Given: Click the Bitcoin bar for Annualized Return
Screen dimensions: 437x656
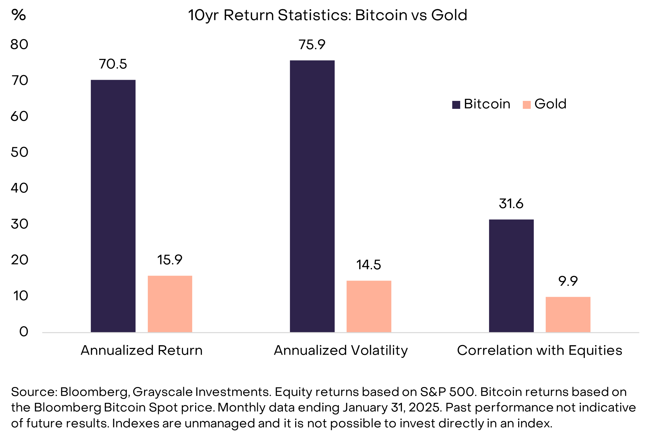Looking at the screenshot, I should click(x=113, y=206).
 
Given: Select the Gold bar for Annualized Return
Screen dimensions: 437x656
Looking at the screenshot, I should click(x=170, y=304).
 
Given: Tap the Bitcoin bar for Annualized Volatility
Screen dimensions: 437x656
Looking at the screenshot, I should click(x=312, y=196).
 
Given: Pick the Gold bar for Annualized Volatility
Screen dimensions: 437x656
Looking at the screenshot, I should click(x=369, y=306).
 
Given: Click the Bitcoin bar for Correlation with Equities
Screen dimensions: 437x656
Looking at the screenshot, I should click(x=511, y=276).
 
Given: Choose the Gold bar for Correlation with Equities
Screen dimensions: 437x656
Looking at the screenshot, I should click(x=568, y=314).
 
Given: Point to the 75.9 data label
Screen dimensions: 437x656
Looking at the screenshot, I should click(x=312, y=45).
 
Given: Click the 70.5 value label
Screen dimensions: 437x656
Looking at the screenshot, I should click(x=113, y=64).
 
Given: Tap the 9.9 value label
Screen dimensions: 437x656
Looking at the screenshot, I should click(x=568, y=281).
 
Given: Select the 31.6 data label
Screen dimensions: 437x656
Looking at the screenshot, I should click(x=511, y=204).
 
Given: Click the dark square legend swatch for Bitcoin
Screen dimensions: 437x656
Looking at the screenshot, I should click(x=456, y=105).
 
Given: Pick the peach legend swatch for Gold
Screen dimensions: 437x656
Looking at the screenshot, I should click(x=527, y=105).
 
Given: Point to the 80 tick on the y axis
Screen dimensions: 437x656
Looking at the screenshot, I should click(x=19, y=45).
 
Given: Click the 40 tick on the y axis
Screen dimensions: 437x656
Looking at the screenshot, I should click(x=19, y=188).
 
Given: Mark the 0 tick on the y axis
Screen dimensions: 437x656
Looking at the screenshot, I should click(x=24, y=332).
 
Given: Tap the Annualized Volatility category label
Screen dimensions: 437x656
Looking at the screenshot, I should click(x=341, y=350).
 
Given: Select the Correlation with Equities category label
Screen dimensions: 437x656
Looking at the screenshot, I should click(x=539, y=350).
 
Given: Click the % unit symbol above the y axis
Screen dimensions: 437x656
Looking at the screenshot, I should click(x=19, y=15).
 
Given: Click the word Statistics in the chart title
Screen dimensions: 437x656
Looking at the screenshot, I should click(x=314, y=15).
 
